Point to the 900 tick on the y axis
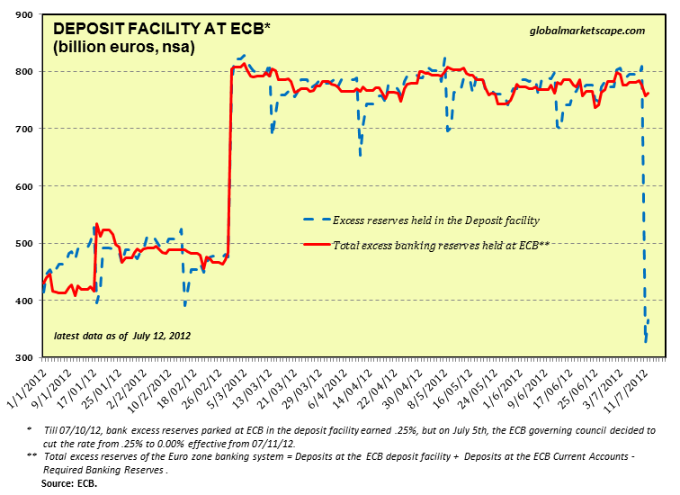pos(22,14)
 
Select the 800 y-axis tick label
pos(22,72)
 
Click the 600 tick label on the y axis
pos(22,186)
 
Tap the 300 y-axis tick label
pos(22,358)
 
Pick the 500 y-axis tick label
pos(22,244)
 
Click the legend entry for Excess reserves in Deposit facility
pos(435,220)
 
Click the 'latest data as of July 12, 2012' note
pos(122,336)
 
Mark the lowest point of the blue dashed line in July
pos(646,341)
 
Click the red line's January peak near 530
pos(97,224)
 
